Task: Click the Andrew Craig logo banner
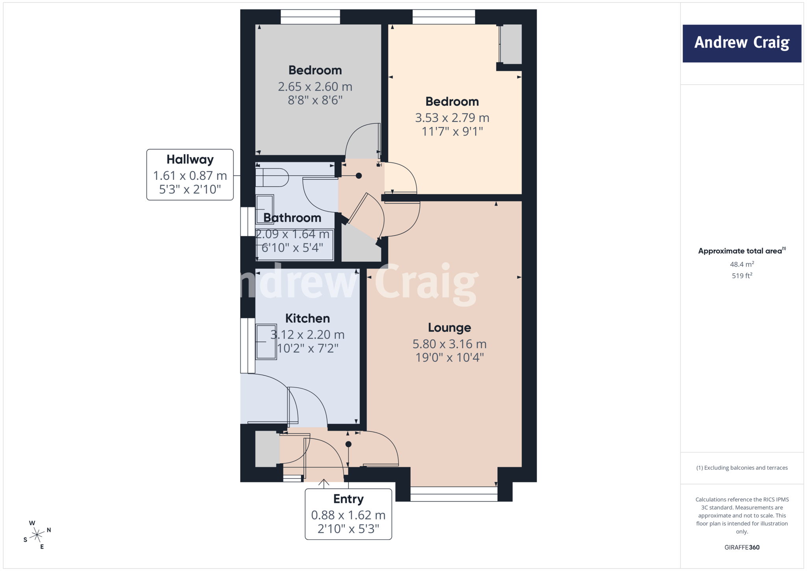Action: [x=742, y=43]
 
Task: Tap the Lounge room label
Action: [x=450, y=328]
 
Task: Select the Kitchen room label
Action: [x=307, y=318]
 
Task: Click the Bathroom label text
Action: [x=292, y=218]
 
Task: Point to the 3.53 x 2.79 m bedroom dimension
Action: [x=452, y=118]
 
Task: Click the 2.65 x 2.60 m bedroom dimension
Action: [x=315, y=86]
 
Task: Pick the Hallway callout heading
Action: [x=190, y=160]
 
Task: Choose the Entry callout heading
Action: [x=348, y=499]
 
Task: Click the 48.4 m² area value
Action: [x=742, y=264]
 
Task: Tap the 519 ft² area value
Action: [x=742, y=276]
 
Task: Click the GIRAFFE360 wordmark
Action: [x=742, y=547]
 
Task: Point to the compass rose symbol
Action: [x=37, y=535]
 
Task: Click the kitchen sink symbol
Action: [x=266, y=342]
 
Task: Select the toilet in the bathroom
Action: [x=272, y=177]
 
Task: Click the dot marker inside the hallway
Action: [x=359, y=176]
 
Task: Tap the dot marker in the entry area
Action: [x=348, y=444]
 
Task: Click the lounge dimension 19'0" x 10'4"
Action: [x=450, y=358]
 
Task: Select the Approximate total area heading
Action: [x=742, y=251]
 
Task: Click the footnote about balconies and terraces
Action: [x=742, y=468]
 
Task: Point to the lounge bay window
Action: [x=454, y=494]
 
